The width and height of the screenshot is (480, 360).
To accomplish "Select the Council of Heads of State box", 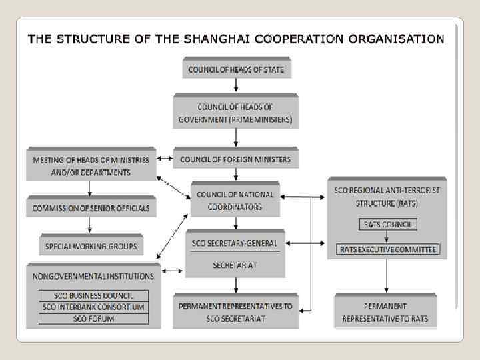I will point(236,69).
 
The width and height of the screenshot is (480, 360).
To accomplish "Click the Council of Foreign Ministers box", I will point(235,159).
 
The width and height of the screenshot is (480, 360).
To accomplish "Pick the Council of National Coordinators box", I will point(235,201).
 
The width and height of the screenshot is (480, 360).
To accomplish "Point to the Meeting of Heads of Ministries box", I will point(91,165).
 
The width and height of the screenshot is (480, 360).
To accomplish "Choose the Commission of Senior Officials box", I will point(91,208).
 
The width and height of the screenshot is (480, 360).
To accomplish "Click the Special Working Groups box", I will point(91,246).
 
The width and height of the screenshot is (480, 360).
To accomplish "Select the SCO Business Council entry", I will point(93,296).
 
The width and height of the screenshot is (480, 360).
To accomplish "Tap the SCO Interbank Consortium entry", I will point(93,307).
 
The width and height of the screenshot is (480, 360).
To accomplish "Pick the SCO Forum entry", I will point(93,319).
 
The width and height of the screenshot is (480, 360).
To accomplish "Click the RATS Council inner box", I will point(387,225).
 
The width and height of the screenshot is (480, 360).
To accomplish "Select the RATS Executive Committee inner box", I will point(387,250).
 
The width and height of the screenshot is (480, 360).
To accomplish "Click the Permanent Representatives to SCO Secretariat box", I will point(235,313).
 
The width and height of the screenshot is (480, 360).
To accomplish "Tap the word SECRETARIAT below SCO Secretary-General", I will point(235,265).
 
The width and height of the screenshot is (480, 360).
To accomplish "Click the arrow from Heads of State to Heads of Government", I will point(236,85).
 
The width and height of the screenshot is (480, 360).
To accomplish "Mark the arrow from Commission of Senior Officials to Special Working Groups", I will point(91,225).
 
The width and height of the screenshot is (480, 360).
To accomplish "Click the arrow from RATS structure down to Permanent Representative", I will point(387,275).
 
